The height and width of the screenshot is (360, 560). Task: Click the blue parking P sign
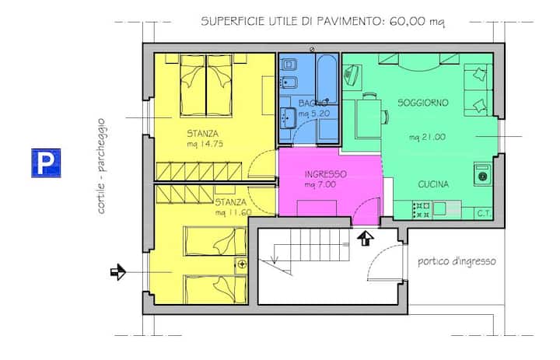[x=46, y=163]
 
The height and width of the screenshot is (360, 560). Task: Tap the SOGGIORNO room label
[x=423, y=103]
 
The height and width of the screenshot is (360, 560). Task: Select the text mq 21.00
[x=427, y=137]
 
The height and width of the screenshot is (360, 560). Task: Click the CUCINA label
[x=433, y=184]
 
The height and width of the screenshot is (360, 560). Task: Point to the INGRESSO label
[x=325, y=174]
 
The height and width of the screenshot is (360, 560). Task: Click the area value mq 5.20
[x=314, y=114]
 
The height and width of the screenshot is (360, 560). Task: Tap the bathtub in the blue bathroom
[x=327, y=79]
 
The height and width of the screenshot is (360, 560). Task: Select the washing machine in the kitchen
[x=483, y=174]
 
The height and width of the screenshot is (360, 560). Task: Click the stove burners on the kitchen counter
[x=422, y=211]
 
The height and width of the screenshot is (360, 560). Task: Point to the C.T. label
[x=484, y=214]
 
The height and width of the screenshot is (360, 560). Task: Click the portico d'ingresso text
[x=457, y=261]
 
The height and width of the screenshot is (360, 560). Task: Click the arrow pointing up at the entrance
[x=365, y=238]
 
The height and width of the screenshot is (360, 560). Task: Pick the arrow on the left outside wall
[x=118, y=272]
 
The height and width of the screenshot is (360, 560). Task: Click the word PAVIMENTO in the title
[x=347, y=21]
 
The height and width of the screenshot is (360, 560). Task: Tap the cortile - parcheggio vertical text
[x=101, y=166]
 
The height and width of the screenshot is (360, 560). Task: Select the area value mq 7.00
[x=320, y=184]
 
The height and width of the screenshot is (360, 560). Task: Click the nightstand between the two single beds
[x=241, y=265]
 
